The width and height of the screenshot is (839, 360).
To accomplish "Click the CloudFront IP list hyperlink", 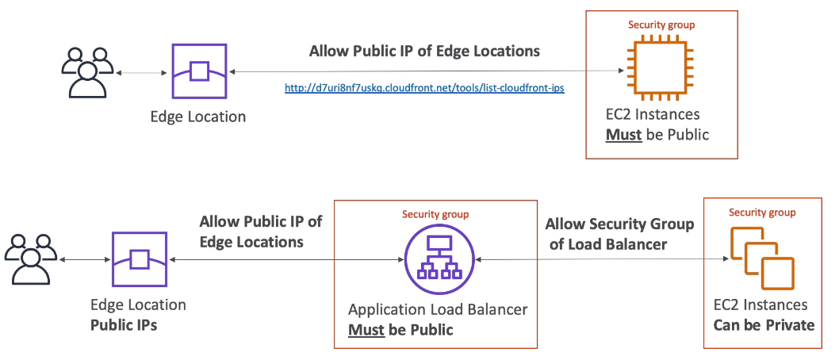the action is tap(424, 88).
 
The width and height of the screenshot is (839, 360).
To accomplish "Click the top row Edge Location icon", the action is tap(198, 71).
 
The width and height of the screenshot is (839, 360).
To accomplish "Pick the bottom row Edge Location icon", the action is tap(139, 259).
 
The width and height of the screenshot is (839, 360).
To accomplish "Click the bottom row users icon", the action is tap(30, 260).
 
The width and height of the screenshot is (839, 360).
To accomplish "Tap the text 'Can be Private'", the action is tap(764, 325).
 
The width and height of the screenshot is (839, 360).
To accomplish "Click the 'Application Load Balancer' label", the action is tap(438, 309).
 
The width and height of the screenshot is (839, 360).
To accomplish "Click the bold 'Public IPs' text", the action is tap(124, 325).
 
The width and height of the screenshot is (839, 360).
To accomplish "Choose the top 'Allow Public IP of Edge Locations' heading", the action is tap(424, 52).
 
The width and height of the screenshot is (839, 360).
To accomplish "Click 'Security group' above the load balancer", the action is tap(435, 214).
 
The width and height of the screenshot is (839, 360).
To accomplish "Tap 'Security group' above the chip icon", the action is tap(661, 25).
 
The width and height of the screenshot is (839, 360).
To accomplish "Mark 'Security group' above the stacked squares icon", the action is tap(762, 213).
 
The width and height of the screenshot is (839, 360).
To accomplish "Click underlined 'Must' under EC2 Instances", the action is tap(623, 134).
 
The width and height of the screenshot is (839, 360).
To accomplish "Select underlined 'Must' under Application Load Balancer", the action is tap(366, 329).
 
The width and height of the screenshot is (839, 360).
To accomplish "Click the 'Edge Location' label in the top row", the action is tap(198, 117).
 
